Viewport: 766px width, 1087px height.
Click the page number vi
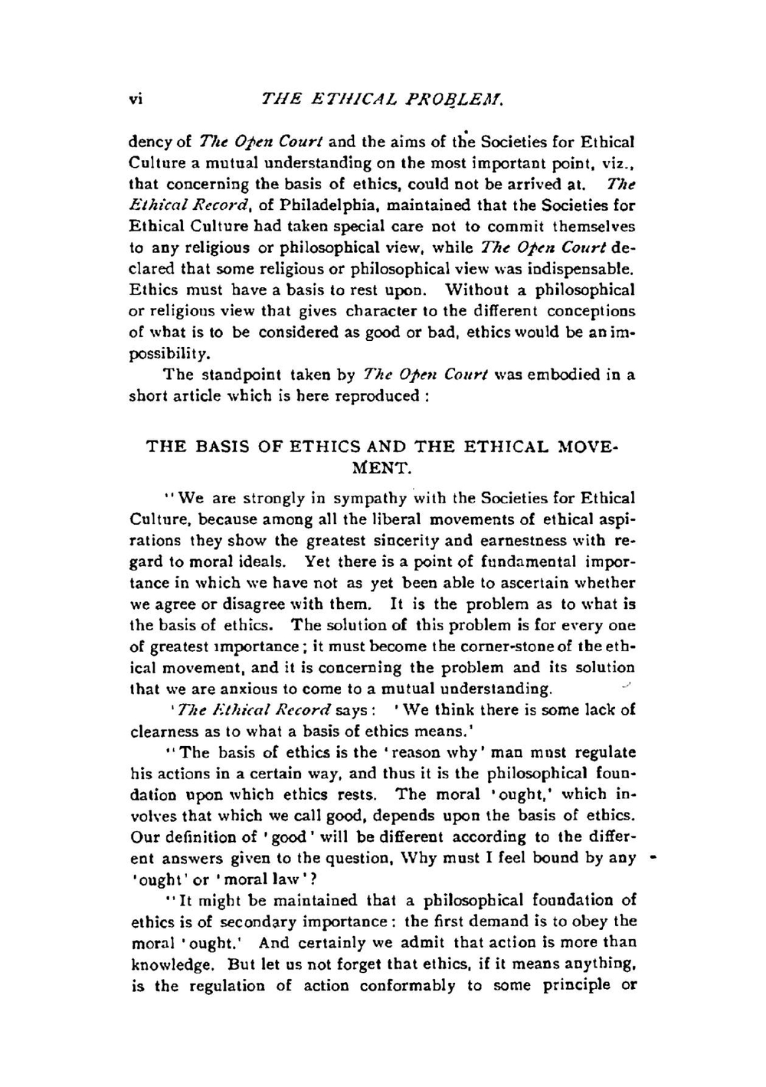tap(136, 99)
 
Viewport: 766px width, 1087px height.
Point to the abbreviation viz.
tap(618, 163)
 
